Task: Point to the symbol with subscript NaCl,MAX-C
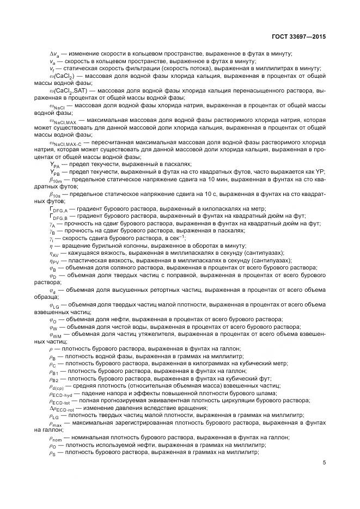pos(65,143)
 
